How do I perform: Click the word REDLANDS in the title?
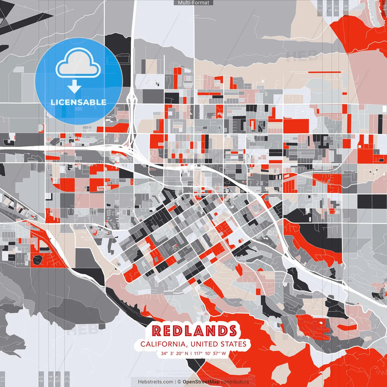(x=194, y=331)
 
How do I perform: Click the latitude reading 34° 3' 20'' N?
(x=174, y=353)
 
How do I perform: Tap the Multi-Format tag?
(x=193, y=3)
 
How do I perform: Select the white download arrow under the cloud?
(x=74, y=87)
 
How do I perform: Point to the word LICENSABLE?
(x=79, y=102)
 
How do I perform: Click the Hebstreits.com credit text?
(x=156, y=382)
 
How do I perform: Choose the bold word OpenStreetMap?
(x=201, y=382)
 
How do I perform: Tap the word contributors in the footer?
(x=235, y=382)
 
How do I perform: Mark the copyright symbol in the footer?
(x=179, y=382)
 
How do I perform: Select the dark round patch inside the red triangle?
(x=38, y=259)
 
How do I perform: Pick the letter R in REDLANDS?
(x=157, y=331)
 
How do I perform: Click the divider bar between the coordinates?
(x=191, y=353)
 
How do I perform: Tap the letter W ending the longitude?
(x=224, y=353)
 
